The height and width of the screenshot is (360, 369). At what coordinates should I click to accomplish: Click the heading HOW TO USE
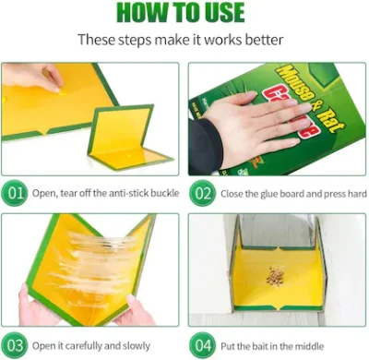(184, 13)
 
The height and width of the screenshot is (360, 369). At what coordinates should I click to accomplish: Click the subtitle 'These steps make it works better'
(184, 41)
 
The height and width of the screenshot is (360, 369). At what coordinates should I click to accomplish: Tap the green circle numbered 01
(17, 195)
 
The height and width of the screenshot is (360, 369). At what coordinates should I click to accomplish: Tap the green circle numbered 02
(203, 195)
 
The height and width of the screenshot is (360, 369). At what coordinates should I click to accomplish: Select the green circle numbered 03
(17, 345)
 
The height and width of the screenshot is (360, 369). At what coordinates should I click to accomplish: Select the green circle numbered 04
(203, 345)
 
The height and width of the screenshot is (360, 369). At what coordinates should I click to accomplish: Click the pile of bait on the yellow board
(275, 276)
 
